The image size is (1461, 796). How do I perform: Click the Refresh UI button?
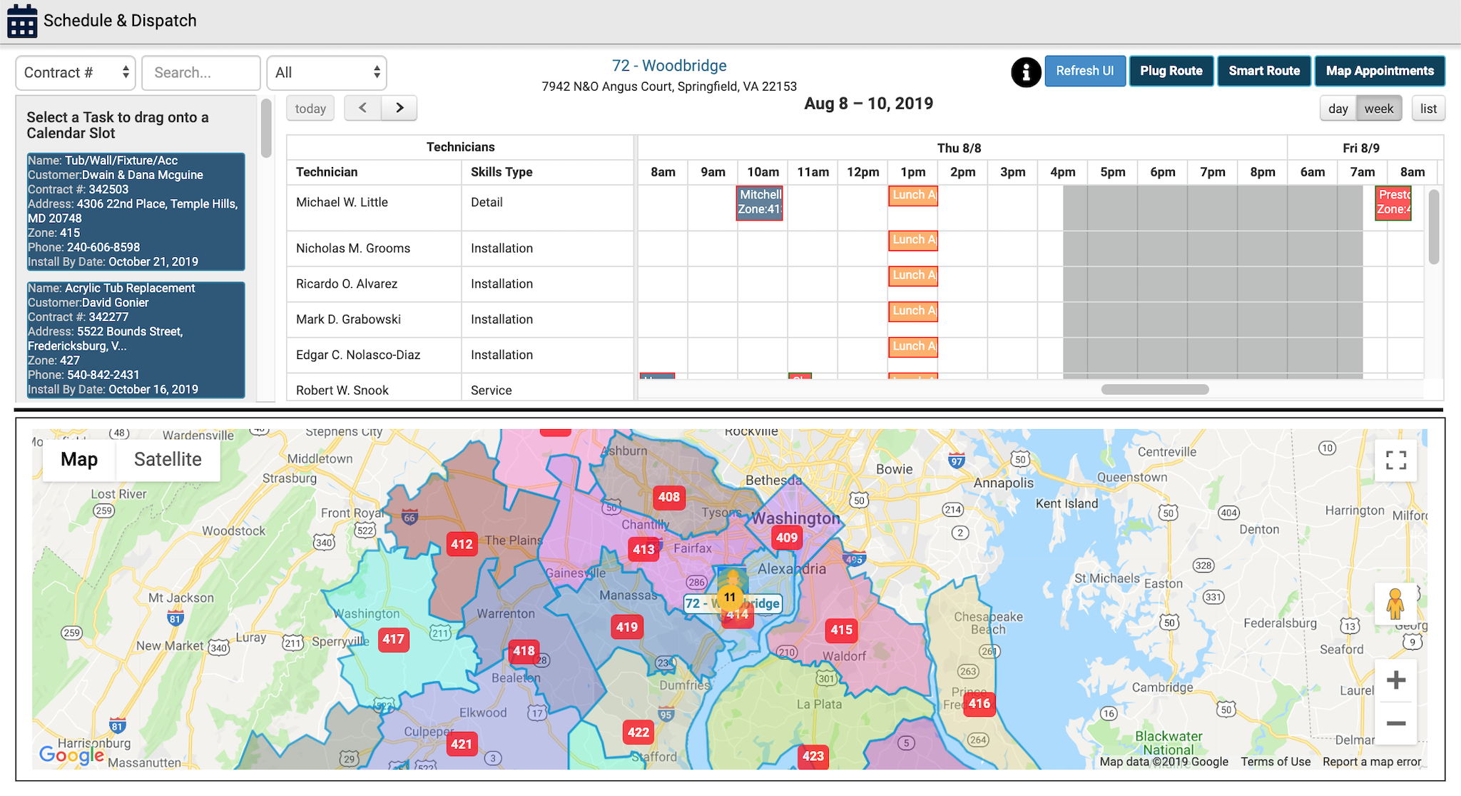click(1084, 71)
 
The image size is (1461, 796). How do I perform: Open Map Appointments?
click(1379, 71)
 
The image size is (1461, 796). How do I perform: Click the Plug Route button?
click(1171, 71)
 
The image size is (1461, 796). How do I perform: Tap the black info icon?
click(1026, 72)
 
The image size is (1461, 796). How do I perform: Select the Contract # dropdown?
click(76, 73)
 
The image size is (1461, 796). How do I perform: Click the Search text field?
click(200, 73)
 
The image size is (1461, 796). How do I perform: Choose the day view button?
click(1338, 109)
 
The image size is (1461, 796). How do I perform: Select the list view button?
click(1428, 109)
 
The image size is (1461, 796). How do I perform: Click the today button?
click(310, 109)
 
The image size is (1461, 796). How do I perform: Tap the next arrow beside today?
click(399, 108)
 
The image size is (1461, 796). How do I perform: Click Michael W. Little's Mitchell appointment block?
click(760, 202)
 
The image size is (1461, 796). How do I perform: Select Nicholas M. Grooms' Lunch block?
click(913, 240)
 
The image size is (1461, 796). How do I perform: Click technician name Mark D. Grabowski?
click(348, 319)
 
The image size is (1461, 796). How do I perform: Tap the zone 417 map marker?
click(393, 639)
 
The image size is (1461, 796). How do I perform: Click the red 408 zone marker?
click(668, 497)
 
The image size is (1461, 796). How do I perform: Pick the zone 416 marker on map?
click(979, 703)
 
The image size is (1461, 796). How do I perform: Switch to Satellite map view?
click(168, 459)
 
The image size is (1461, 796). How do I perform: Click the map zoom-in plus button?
click(1395, 680)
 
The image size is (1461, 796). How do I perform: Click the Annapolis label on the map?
click(1003, 483)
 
